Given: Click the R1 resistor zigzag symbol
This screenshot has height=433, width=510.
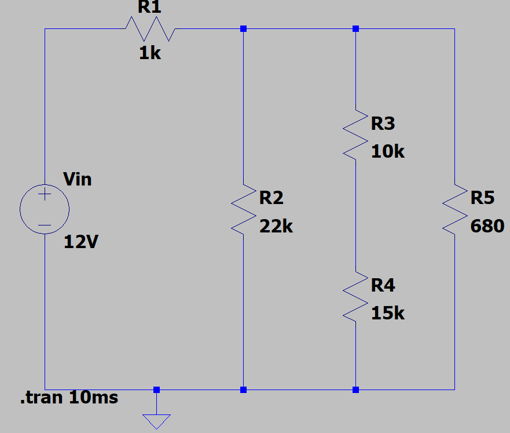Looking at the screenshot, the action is click(x=151, y=29).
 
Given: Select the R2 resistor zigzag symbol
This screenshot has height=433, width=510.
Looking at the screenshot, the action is click(x=244, y=209).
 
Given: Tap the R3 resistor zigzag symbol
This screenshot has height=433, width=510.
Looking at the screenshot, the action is click(x=355, y=135).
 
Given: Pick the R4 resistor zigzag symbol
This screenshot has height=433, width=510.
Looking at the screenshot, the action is click(x=355, y=297).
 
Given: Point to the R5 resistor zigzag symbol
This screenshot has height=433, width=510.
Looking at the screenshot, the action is click(x=454, y=209).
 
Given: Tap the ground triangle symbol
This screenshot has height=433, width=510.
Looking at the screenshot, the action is click(x=156, y=421).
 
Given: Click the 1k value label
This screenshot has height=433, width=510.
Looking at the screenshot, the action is click(x=150, y=53).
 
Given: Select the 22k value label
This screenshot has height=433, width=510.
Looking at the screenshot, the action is click(x=276, y=226).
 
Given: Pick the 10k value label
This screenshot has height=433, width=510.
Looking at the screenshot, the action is click(x=388, y=151).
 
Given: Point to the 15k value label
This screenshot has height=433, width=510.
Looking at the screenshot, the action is click(x=388, y=313).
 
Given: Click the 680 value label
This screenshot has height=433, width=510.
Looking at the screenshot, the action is click(x=487, y=226).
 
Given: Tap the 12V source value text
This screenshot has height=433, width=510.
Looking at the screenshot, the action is click(x=81, y=242).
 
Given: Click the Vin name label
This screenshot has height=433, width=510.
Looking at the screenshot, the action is click(x=78, y=179).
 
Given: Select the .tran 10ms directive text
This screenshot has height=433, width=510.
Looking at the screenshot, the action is click(x=69, y=398).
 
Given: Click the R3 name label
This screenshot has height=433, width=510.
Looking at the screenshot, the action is click(x=383, y=123).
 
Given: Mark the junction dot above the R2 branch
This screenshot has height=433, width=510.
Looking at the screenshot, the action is click(x=243, y=28).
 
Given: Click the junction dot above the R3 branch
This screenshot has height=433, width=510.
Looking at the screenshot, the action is click(x=355, y=28).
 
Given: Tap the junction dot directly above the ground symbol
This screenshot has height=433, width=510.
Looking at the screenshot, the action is click(x=156, y=390).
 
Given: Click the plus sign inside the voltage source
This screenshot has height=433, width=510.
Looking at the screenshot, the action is click(x=45, y=194).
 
